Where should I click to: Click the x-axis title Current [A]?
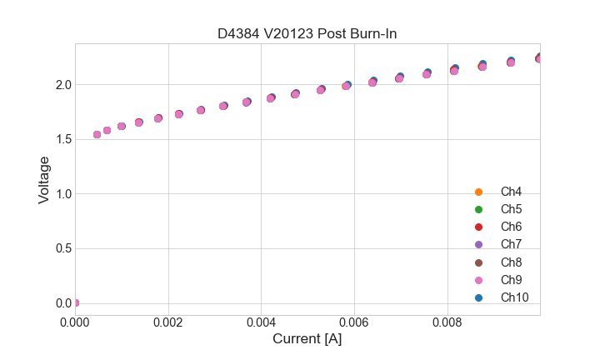307,339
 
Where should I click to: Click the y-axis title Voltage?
44,179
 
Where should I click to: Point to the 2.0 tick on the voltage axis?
63,85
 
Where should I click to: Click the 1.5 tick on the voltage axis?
63,139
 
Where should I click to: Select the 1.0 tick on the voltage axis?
63,194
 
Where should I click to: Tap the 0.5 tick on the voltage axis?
63,248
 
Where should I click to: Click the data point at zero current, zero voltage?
75,302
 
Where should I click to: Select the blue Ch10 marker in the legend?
478,297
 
